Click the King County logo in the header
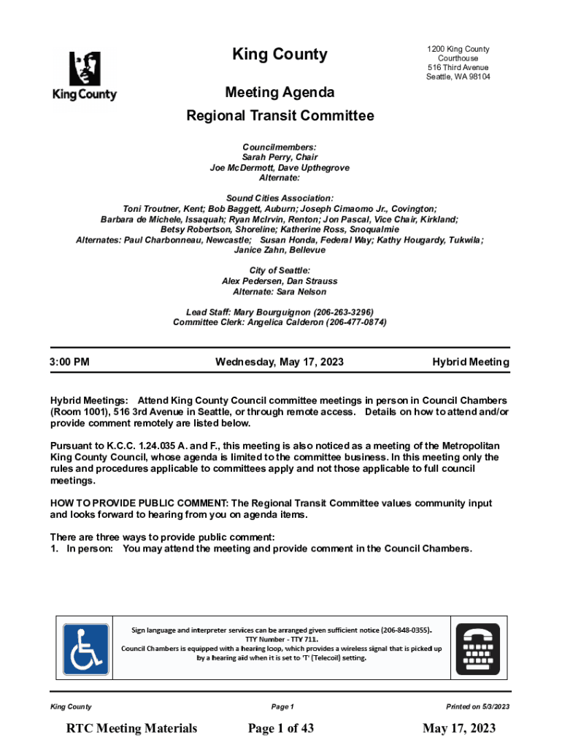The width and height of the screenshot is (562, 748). (x=84, y=76)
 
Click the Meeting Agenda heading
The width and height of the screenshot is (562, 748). (x=280, y=93)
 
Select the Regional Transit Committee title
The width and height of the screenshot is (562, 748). (x=280, y=116)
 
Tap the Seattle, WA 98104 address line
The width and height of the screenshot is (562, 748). (x=458, y=77)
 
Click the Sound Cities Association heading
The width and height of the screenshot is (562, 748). (x=280, y=198)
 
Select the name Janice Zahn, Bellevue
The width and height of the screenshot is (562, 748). (x=280, y=250)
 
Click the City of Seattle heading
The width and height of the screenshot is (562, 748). (x=280, y=271)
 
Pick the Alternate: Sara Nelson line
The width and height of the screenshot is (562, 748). (x=280, y=292)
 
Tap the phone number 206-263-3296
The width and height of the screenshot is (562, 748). (x=343, y=312)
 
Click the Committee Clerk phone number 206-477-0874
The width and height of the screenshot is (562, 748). (x=355, y=322)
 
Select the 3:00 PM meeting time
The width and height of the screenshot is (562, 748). (x=69, y=362)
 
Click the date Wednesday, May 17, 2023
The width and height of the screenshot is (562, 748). (x=280, y=362)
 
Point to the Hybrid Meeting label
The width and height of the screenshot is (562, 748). (x=471, y=362)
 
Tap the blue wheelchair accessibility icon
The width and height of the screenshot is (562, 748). (x=85, y=649)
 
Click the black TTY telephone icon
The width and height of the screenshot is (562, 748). (x=478, y=649)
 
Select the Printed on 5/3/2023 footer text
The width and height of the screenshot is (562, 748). (x=478, y=706)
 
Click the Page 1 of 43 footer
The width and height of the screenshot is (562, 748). (x=281, y=728)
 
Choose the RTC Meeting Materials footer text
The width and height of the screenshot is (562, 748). (x=131, y=728)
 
